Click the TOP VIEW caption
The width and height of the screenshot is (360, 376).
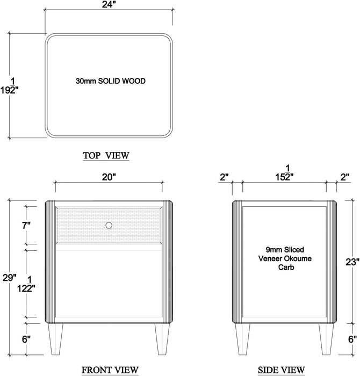tap(106, 156)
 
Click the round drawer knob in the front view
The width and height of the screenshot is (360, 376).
tap(109, 226)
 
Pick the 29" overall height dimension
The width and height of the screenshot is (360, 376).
tap(8, 264)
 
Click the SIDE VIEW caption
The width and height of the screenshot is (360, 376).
tap(282, 370)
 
